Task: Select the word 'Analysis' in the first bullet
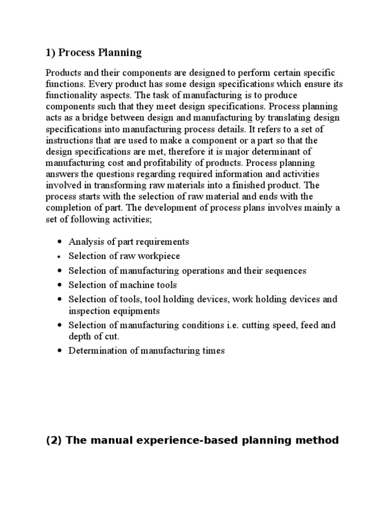pos(84,242)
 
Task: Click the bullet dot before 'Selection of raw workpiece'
pos(60,256)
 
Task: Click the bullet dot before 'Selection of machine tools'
pos(60,285)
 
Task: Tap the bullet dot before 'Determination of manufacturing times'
pos(60,350)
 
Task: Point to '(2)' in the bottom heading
pos(53,440)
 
